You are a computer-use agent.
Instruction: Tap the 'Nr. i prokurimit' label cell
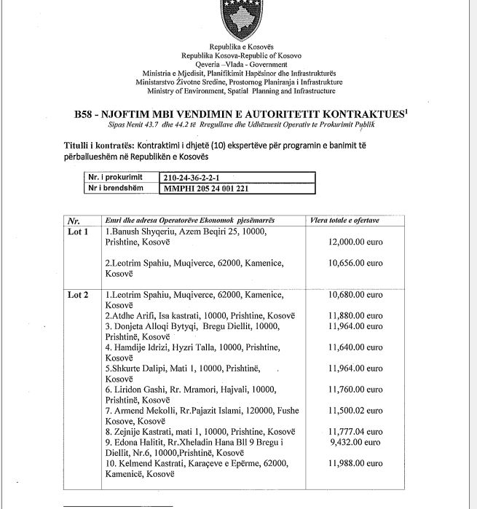click(x=114, y=177)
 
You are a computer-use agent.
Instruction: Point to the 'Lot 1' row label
click(x=78, y=232)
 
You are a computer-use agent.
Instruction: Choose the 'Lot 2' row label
click(x=78, y=295)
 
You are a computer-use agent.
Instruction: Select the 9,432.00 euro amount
click(x=355, y=441)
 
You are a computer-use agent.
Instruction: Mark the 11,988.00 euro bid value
click(x=355, y=463)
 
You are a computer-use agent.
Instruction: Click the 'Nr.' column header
click(x=74, y=219)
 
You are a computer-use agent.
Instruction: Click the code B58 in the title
click(x=85, y=114)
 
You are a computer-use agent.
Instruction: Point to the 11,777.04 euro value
click(x=355, y=431)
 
